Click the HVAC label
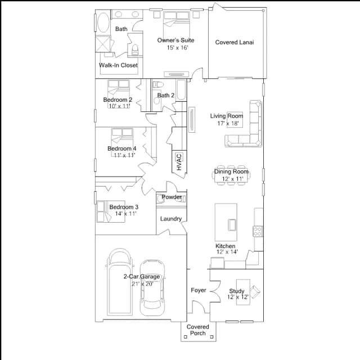[179, 162]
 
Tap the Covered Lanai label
[235, 42]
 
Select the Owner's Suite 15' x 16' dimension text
[178, 47]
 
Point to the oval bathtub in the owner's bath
[103, 22]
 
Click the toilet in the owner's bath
[135, 49]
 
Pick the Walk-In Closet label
[118, 65]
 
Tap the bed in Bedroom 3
[111, 211]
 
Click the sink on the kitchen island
[231, 225]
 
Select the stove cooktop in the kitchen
[258, 231]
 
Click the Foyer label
[199, 290]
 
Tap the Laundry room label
[171, 219]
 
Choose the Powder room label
[172, 197]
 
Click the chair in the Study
[255, 291]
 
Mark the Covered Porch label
[197, 330]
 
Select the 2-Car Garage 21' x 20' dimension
[142, 284]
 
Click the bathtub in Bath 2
[181, 90]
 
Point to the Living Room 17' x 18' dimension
[228, 123]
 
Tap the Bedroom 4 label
[121, 148]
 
